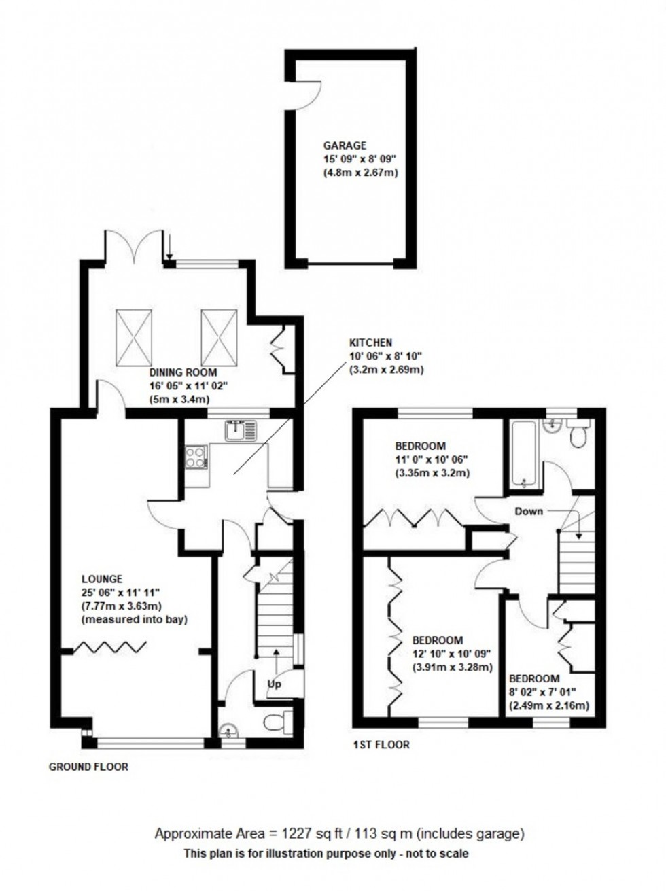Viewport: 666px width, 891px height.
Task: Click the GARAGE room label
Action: click(x=345, y=145)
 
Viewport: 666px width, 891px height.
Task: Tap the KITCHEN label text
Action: click(x=371, y=343)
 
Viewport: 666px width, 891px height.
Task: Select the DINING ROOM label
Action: click(x=183, y=372)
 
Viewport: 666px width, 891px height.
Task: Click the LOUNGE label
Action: click(x=102, y=579)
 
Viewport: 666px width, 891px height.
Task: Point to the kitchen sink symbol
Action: click(x=241, y=430)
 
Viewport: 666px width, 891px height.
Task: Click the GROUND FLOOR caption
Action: click(x=88, y=767)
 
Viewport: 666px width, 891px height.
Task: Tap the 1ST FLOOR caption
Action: click(x=382, y=745)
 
